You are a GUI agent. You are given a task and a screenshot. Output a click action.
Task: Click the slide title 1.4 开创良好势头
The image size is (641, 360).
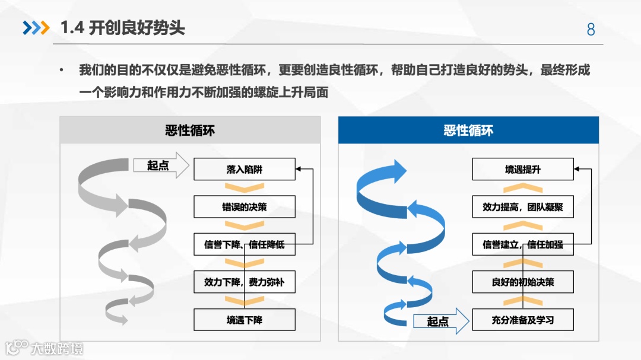coord(123,28)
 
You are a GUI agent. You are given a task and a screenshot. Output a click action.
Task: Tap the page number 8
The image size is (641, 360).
coord(591,30)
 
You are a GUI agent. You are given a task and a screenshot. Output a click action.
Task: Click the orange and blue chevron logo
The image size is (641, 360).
coord(36,28)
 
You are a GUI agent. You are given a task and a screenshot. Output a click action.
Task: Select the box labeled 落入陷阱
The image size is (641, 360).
coord(244,169)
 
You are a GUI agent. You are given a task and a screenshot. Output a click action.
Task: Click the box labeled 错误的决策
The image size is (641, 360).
coord(244,207)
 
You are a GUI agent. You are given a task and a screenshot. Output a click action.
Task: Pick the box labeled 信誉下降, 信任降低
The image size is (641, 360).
coord(244,244)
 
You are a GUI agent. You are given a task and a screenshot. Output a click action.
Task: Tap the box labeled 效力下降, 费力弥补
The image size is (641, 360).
coord(244,282)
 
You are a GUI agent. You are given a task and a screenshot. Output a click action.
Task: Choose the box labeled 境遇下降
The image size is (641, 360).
coord(244,320)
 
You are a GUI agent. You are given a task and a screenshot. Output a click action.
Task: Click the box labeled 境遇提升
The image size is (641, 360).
coord(523,169)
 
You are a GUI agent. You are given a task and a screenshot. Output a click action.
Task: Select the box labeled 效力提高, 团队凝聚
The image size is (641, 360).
coord(523,207)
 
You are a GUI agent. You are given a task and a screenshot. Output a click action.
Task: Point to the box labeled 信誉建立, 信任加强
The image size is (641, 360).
coord(523,244)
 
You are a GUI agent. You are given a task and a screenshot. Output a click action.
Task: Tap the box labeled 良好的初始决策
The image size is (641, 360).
coord(523,282)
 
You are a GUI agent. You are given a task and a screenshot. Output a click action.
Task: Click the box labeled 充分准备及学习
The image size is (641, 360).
coord(523,320)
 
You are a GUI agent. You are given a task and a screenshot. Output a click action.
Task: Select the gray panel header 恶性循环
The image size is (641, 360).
coord(190,130)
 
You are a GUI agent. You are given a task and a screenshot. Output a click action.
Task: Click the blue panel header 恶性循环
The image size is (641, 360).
coord(468,130)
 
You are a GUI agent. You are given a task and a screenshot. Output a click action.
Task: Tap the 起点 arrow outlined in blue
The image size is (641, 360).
coord(439,321)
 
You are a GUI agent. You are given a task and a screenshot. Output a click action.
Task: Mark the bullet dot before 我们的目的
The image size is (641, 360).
coord(61,71)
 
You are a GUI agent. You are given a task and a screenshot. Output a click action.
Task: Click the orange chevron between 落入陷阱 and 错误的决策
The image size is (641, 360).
coord(244,188)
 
